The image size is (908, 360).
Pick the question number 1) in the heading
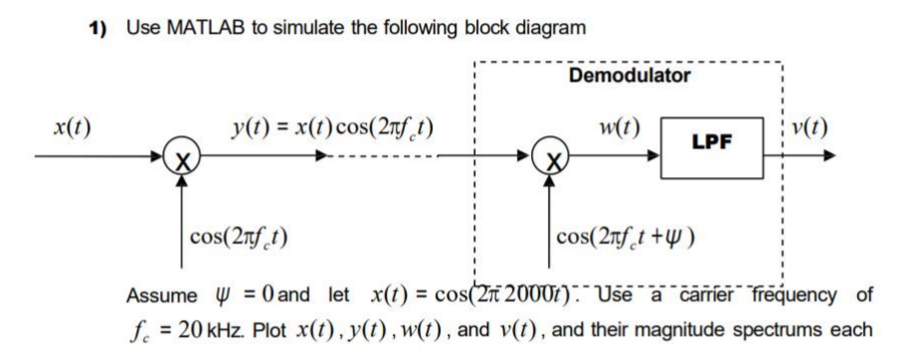coord(96,22)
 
